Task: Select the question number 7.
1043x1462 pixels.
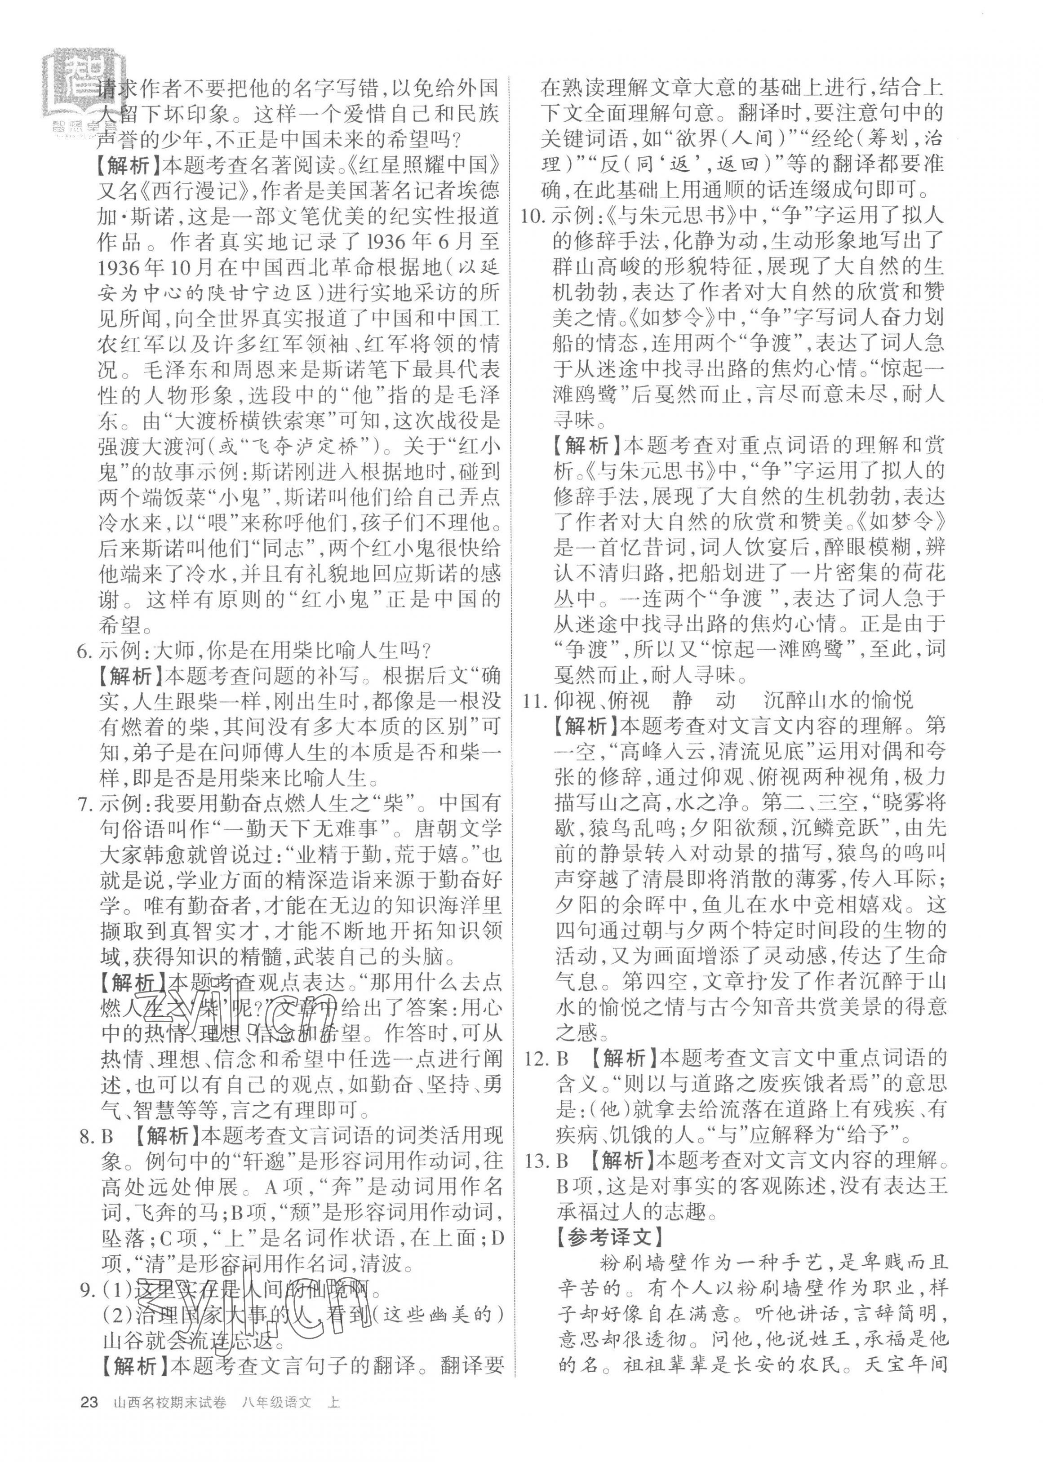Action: pos(84,803)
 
